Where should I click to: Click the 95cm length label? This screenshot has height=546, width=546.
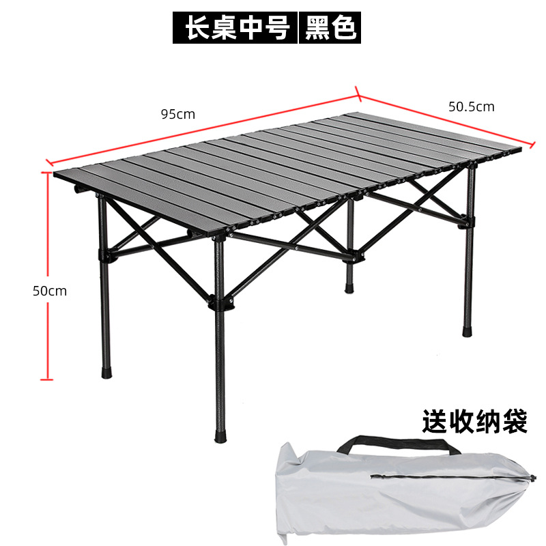click(177, 114)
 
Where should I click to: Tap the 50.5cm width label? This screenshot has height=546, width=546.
click(471, 106)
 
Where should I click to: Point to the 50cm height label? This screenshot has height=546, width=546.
click(50, 290)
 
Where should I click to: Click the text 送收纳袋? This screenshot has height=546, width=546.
click(474, 421)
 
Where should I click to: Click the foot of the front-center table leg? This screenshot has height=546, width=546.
click(220, 435)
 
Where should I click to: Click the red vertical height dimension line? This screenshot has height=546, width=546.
click(47, 273)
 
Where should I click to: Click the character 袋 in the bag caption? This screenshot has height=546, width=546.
click(514, 421)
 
